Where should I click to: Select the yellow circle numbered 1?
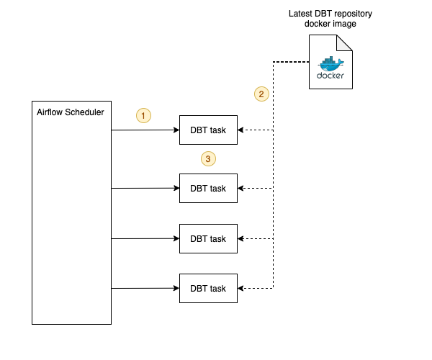[143, 115]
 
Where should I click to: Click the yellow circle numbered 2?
[262, 94]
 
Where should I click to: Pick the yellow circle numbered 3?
[208, 158]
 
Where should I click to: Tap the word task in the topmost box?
[217, 130]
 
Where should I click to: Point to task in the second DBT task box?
[217, 189]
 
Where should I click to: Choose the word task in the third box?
[217, 239]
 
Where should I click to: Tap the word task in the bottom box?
[217, 289]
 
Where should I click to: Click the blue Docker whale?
[330, 64]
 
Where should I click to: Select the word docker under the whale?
[330, 76]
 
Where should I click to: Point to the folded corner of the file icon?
[345, 42]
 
